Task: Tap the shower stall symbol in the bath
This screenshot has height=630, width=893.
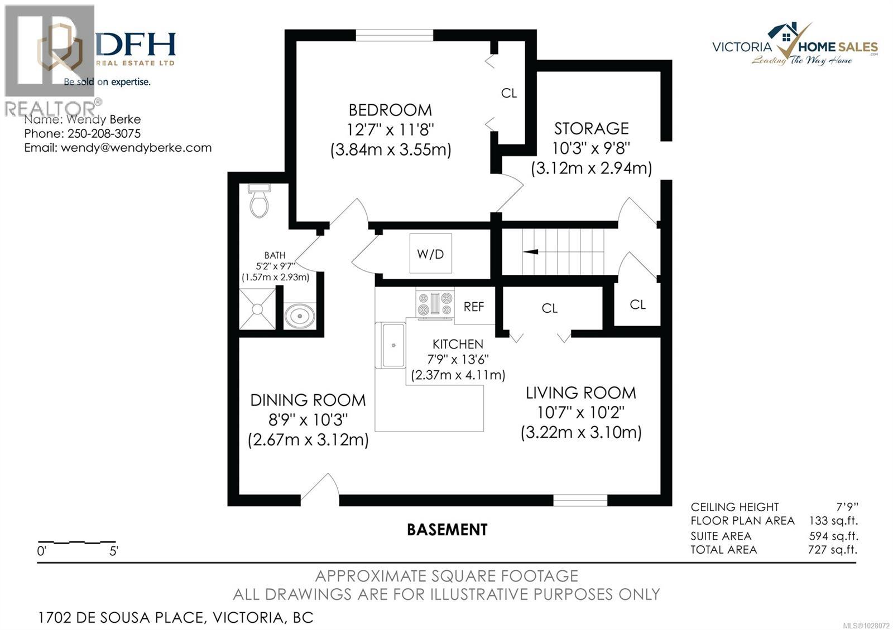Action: pyautogui.click(x=257, y=308)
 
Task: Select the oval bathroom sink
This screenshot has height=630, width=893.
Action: pyautogui.click(x=300, y=316)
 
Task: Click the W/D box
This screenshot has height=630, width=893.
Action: pyautogui.click(x=430, y=254)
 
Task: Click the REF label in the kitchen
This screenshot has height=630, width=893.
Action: pyautogui.click(x=474, y=307)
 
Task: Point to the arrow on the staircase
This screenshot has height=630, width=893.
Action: pyautogui.click(x=531, y=251)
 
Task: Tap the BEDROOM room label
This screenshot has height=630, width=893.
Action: pyautogui.click(x=390, y=110)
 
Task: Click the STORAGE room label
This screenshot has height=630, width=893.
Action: pyautogui.click(x=591, y=129)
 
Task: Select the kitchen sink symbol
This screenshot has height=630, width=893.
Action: pyautogui.click(x=393, y=345)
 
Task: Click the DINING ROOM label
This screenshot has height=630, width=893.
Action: pyautogui.click(x=308, y=400)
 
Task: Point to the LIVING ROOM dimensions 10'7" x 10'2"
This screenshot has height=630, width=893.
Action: pyautogui.click(x=580, y=413)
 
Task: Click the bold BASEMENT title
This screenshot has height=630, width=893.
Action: pyautogui.click(x=447, y=529)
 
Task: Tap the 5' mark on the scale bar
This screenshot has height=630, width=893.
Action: pyautogui.click(x=114, y=551)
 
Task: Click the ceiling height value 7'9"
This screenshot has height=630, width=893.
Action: pyautogui.click(x=847, y=507)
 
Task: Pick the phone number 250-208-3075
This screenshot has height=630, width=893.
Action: pyautogui.click(x=104, y=134)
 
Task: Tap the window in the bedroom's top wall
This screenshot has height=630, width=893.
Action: pyautogui.click(x=395, y=36)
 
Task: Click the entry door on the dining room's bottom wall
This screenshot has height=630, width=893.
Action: pyautogui.click(x=320, y=491)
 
